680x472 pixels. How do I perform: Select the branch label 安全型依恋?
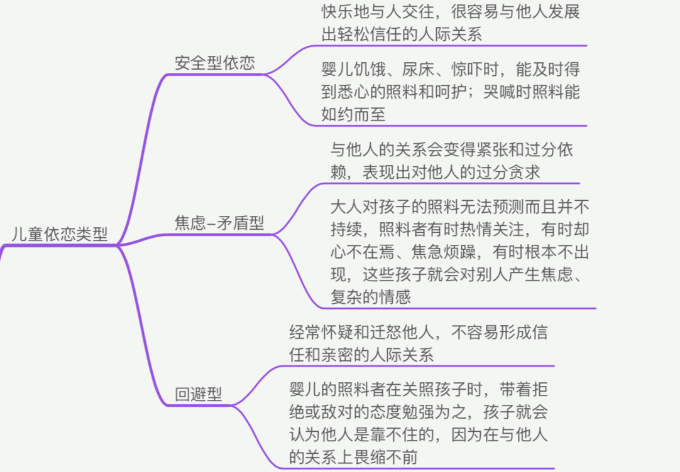[x=214, y=63]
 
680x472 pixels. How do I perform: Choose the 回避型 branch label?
[x=198, y=395]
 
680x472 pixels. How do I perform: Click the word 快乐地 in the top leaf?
[x=346, y=12]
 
